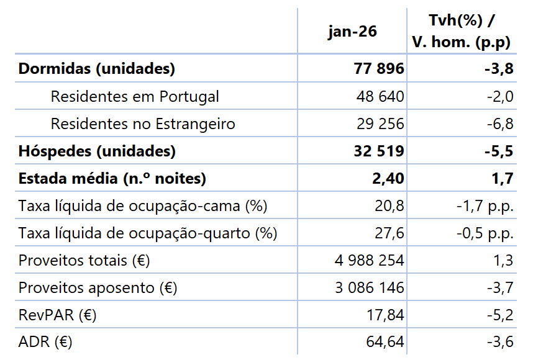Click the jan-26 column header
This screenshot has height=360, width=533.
(x=352, y=32)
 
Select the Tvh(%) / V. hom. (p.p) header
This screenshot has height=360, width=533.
(x=462, y=32)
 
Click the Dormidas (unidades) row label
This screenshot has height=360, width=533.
(x=96, y=69)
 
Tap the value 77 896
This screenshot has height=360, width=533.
(x=378, y=69)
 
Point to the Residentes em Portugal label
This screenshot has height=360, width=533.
(x=135, y=97)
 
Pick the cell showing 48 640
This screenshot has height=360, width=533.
(x=380, y=97)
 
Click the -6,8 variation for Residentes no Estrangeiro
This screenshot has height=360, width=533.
(x=499, y=124)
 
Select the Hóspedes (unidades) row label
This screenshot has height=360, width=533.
(x=97, y=151)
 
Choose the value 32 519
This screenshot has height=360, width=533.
(x=378, y=151)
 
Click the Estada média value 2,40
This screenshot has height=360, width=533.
(x=386, y=179)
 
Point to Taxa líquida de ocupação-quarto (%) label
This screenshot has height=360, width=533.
(x=148, y=233)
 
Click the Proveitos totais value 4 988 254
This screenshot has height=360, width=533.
(x=369, y=261)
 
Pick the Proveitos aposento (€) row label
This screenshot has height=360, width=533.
(x=98, y=288)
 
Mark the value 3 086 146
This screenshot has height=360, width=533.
(x=369, y=288)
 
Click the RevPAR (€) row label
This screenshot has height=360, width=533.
(x=57, y=315)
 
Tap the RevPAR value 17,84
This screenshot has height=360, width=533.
(x=385, y=315)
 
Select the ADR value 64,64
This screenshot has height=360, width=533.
(x=385, y=342)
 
